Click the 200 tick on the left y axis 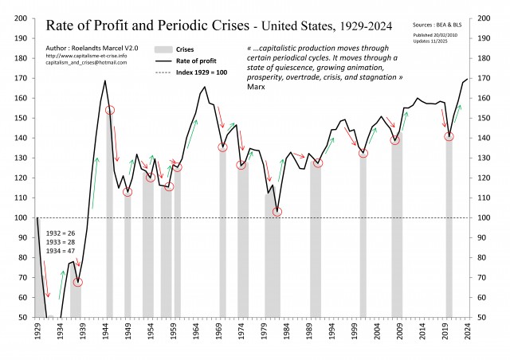pyautogui.click(x=22, y=18)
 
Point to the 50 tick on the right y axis pyautogui.click(x=486, y=317)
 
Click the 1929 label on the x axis pyautogui.click(x=37, y=331)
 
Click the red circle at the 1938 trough pyautogui.click(x=78, y=282)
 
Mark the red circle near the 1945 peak pyautogui.click(x=110, y=110)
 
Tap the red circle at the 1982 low pyautogui.click(x=277, y=212)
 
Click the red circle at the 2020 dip pyautogui.click(x=449, y=136)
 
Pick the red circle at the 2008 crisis pyautogui.click(x=394, y=140)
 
